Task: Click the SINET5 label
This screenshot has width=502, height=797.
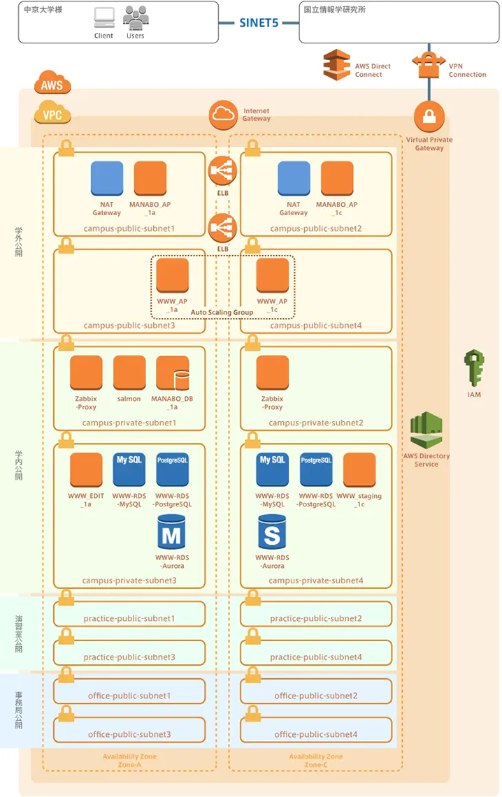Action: tap(259, 23)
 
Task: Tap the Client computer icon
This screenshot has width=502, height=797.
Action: tap(104, 17)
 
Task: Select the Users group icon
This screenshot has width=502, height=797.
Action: tap(136, 17)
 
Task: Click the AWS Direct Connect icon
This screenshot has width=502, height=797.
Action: tap(337, 64)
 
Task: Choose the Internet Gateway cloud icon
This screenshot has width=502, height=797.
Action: tap(223, 115)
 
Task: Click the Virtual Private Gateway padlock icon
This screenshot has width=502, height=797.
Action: tap(429, 117)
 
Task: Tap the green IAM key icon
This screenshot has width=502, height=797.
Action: tap(474, 367)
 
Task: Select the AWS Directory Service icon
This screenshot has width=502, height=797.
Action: tap(426, 430)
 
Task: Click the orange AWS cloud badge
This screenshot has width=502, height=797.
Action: tap(52, 82)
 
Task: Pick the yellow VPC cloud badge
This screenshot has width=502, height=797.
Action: tap(52, 112)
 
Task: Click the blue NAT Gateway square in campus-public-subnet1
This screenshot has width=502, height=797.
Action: tap(107, 178)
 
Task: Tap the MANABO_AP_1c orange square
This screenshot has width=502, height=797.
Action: tap(337, 178)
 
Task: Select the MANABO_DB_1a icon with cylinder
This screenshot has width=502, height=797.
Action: tap(173, 373)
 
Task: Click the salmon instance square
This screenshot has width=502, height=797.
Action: tap(129, 373)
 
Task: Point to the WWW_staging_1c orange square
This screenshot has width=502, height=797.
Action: tap(359, 470)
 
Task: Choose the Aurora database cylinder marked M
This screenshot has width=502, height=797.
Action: tap(171, 532)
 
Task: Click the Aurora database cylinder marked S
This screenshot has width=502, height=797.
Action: tap(272, 532)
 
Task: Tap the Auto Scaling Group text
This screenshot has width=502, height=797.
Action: tap(222, 312)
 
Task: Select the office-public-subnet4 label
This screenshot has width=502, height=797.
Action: tap(316, 734)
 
